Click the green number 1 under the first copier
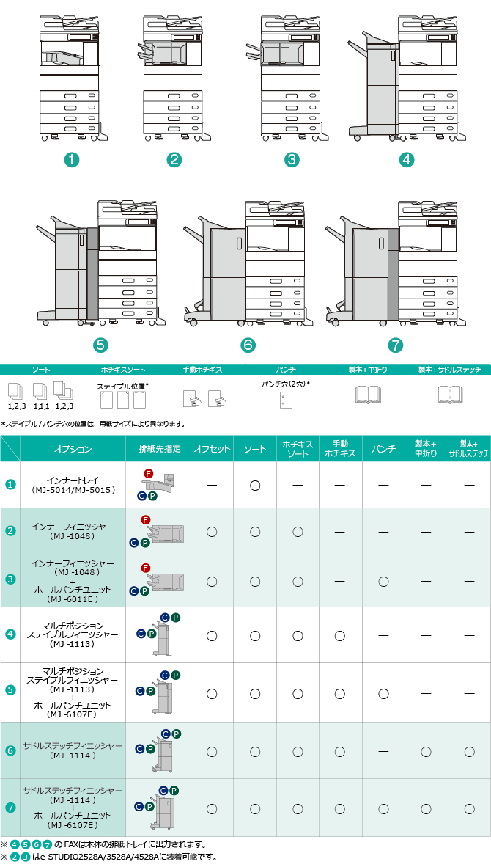point(71,159)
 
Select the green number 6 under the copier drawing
point(248,345)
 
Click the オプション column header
point(73,449)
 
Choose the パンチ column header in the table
point(383,449)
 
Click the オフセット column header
point(212,449)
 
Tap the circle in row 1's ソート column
point(255,485)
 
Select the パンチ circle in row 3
point(383,581)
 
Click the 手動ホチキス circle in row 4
point(340,634)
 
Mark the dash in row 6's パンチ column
point(383,751)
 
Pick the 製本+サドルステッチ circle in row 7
point(469,808)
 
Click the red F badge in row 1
point(148,472)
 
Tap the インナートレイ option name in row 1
point(73,479)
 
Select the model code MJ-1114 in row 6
point(73,756)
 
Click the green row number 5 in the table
point(10,690)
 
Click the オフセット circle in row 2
point(212,531)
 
